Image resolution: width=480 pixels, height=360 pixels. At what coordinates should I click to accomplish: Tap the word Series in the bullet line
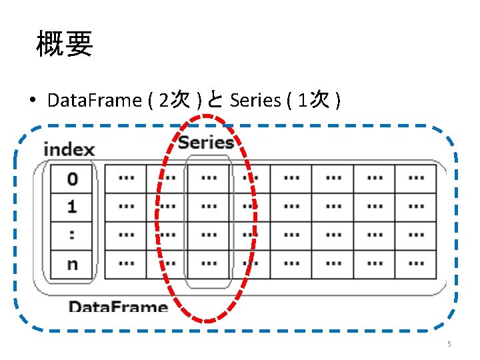coord(255,101)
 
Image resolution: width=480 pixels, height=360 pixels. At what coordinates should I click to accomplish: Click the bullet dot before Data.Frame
coord(32,101)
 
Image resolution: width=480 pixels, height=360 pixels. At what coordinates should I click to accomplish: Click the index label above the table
coord(69,149)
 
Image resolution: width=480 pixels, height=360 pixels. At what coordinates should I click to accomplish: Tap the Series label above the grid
coord(205,141)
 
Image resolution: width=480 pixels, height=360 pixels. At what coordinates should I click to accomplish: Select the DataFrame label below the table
coord(118,307)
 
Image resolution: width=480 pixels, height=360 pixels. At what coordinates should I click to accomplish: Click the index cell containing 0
coord(71,179)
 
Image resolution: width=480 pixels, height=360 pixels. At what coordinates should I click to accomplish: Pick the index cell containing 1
coord(71,207)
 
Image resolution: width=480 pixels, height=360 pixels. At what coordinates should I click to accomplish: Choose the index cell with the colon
coord(71,235)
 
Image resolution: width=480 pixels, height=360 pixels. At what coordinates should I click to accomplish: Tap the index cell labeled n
coord(71,264)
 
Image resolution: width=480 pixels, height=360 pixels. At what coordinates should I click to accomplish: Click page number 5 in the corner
coord(449,344)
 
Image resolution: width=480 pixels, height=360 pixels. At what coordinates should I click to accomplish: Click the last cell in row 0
coord(416,179)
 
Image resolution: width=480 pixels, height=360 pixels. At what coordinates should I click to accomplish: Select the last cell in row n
coord(416,264)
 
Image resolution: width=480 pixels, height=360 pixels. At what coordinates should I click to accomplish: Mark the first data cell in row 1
coord(125,207)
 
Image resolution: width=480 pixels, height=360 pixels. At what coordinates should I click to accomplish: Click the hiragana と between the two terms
coord(215,101)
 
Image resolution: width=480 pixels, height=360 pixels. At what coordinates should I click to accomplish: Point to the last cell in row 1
coord(416,207)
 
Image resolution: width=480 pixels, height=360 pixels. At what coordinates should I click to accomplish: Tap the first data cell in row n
coord(125,264)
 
